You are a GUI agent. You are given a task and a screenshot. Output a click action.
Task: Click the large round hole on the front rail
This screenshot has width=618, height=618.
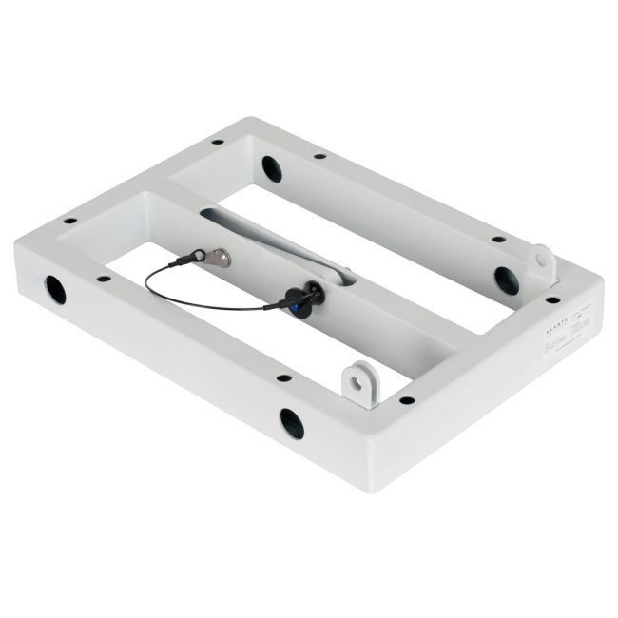[291, 423]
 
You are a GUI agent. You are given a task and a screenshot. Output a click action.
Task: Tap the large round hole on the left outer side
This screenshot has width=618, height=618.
[55, 288]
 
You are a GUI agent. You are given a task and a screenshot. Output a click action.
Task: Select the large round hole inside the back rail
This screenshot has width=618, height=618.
[272, 169]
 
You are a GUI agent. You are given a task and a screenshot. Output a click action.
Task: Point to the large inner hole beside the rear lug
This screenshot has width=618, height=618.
[506, 280]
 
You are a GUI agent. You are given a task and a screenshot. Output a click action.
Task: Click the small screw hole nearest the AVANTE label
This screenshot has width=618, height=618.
[552, 300]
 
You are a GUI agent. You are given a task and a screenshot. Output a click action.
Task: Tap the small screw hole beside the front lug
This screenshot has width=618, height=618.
[406, 400]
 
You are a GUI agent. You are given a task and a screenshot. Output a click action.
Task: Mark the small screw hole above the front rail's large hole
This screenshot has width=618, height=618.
[283, 377]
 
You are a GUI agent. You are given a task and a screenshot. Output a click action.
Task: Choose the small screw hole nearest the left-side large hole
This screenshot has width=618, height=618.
[102, 279]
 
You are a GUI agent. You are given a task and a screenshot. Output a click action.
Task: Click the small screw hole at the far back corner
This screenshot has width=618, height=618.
[218, 142]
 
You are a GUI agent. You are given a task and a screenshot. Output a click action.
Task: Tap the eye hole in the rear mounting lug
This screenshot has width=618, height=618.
[541, 258]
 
